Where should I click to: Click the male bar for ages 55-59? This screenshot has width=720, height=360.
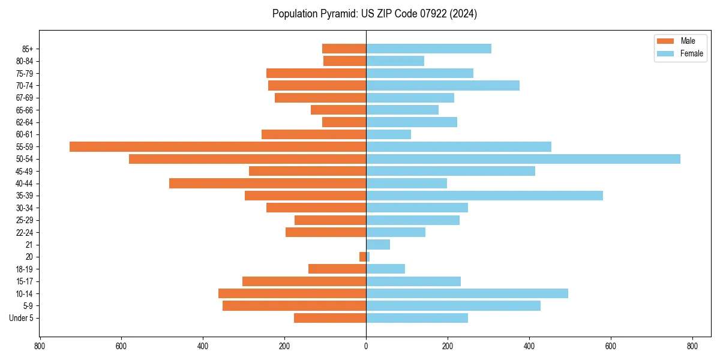pyautogui.click(x=218, y=146)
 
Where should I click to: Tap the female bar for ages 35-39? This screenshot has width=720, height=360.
pyautogui.click(x=484, y=196)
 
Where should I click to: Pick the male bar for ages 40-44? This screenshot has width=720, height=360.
pyautogui.click(x=268, y=184)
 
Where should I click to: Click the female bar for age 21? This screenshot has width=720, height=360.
pyautogui.click(x=378, y=244)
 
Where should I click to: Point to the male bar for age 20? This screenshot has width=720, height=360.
pyautogui.click(x=363, y=257)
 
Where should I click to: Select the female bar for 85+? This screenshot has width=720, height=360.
pyautogui.click(x=428, y=49)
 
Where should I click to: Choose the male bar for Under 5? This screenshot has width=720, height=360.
pyautogui.click(x=330, y=318)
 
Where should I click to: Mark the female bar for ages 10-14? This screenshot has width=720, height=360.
pyautogui.click(x=467, y=293)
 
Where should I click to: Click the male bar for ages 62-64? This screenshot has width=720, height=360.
pyautogui.click(x=344, y=122)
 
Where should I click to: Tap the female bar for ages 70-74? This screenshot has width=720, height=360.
pyautogui.click(x=443, y=85)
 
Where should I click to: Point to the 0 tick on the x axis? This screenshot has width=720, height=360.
pyautogui.click(x=366, y=346)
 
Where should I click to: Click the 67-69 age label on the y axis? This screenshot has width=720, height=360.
pyautogui.click(x=25, y=98)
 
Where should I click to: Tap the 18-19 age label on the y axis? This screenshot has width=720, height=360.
pyautogui.click(x=25, y=269)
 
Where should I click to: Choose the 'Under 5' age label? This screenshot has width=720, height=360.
pyautogui.click(x=22, y=318)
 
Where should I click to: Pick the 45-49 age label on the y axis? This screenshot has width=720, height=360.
pyautogui.click(x=25, y=172)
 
